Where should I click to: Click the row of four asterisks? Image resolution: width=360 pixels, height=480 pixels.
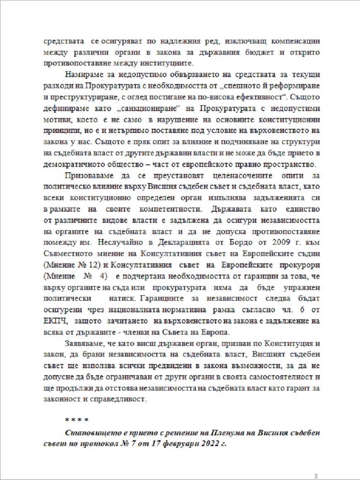point(77,420)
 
